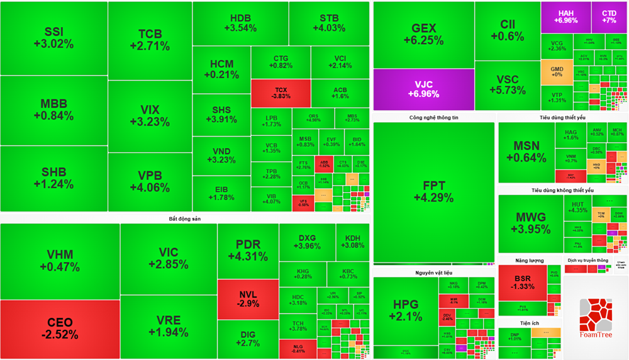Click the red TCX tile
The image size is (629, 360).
point(281,93)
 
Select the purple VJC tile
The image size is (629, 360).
point(423,89)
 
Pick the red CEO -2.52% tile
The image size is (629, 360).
point(60,329)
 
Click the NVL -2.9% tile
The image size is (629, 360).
point(248,299)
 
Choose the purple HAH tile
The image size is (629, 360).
point(565,17)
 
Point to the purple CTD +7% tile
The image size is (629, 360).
point(609,17)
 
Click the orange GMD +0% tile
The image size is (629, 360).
point(557,72)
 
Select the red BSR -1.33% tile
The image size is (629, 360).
point(522,283)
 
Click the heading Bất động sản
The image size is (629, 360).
point(184,218)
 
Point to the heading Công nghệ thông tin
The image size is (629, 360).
point(433,118)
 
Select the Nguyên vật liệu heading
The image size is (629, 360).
point(433,273)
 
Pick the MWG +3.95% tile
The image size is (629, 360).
point(530,223)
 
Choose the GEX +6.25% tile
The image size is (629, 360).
point(423,34)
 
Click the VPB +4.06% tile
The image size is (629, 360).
point(149,181)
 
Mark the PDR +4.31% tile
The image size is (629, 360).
point(248,250)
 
